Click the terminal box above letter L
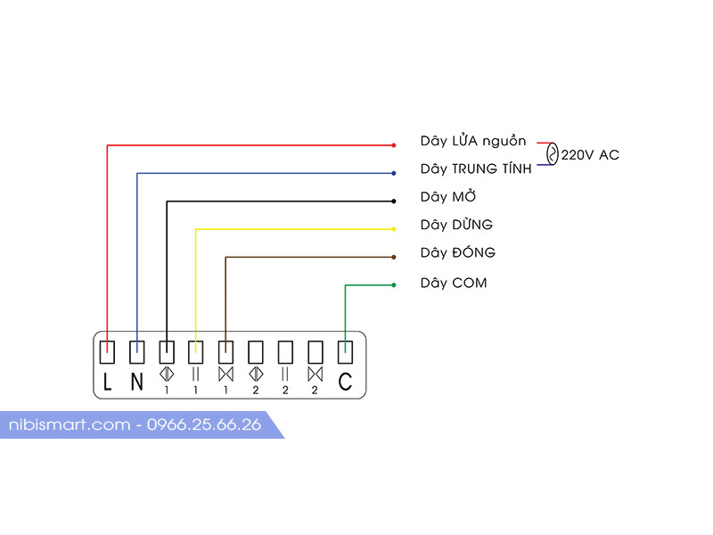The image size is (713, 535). click(x=107, y=350)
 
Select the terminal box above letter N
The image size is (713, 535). click(x=137, y=350)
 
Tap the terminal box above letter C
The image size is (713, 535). click(x=345, y=350)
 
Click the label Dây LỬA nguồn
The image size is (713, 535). click(x=473, y=141)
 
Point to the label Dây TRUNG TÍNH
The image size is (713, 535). click(x=476, y=169)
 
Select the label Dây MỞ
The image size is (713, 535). click(x=448, y=197)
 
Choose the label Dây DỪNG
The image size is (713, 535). click(x=456, y=225)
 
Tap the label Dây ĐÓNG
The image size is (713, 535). click(x=458, y=253)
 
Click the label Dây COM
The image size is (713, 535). click(x=454, y=284)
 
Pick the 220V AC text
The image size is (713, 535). click(x=590, y=155)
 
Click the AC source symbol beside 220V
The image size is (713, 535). click(x=552, y=154)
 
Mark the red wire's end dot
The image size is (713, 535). click(x=393, y=144)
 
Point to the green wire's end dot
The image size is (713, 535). click(x=393, y=285)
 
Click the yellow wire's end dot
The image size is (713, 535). click(x=393, y=229)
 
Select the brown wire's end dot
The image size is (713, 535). click(x=393, y=257)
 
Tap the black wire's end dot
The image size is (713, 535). click(x=393, y=201)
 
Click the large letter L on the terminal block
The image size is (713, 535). click(x=107, y=383)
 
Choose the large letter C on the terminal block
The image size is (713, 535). click(x=345, y=383)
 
